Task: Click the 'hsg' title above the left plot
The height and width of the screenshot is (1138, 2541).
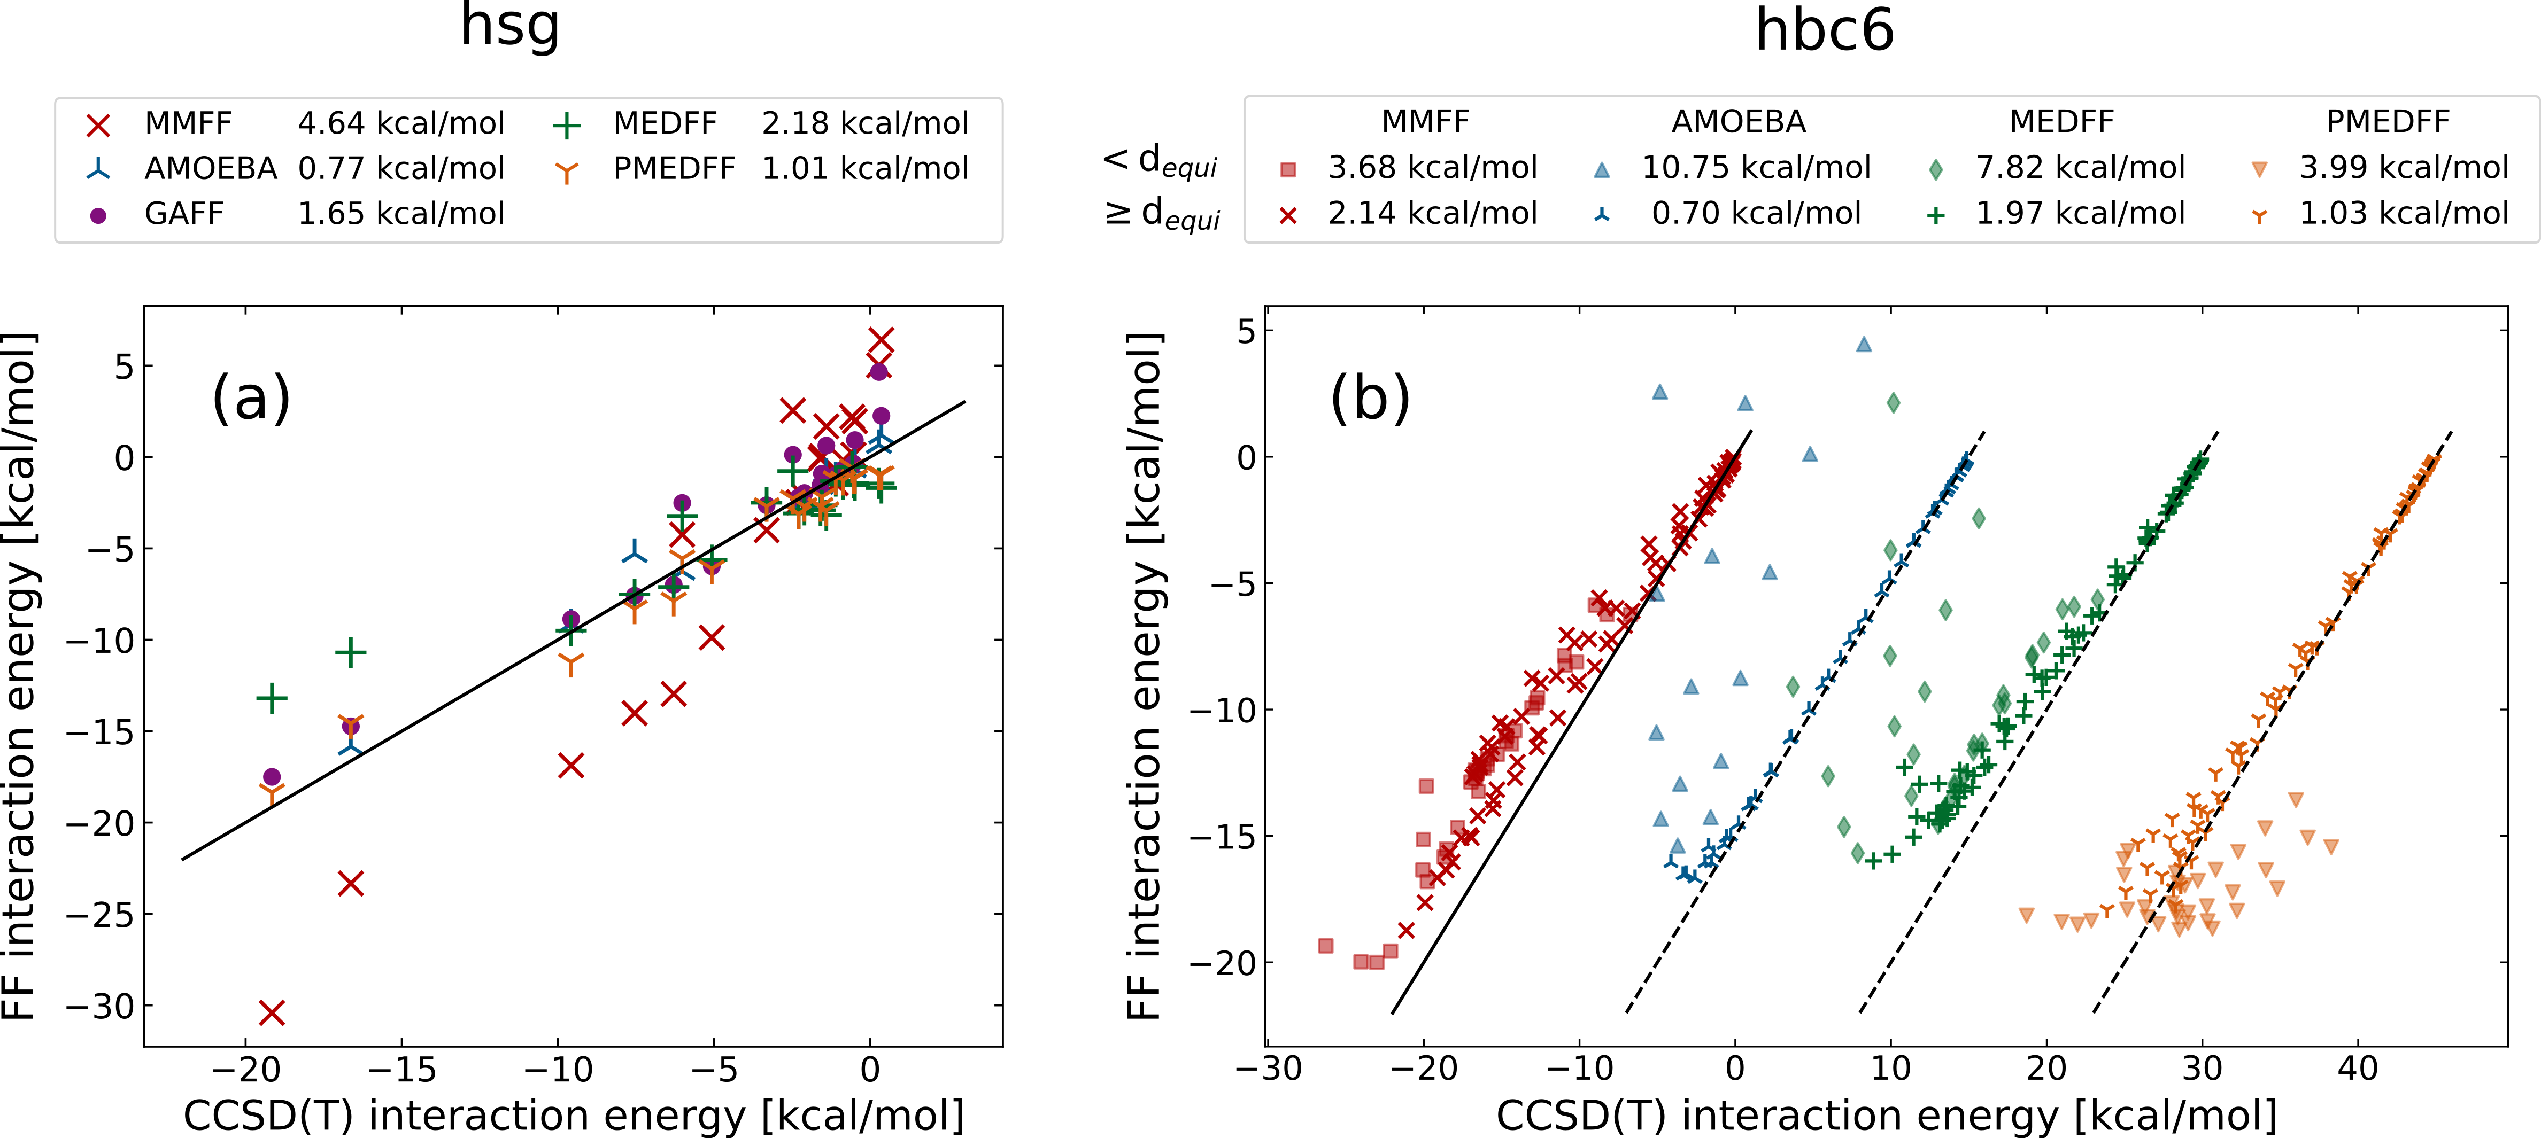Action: pyautogui.click(x=510, y=28)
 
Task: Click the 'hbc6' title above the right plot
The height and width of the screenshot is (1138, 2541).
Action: pyautogui.click(x=1824, y=32)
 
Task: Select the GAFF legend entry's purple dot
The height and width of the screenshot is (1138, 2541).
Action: pyautogui.click(x=98, y=215)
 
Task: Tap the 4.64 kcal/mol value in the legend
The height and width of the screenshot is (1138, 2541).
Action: pyautogui.click(x=400, y=123)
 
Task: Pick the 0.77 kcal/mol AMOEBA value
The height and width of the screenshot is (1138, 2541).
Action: pyautogui.click(x=400, y=169)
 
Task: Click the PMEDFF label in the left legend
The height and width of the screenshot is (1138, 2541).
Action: pyautogui.click(x=674, y=169)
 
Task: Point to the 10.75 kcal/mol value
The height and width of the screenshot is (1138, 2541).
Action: pyautogui.click(x=1756, y=168)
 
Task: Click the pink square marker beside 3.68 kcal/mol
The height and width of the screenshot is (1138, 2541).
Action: pyautogui.click(x=1287, y=169)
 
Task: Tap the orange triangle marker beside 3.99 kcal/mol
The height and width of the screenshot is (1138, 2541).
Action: pyautogui.click(x=2259, y=169)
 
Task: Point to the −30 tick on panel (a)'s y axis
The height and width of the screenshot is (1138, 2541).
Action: pyautogui.click(x=99, y=1007)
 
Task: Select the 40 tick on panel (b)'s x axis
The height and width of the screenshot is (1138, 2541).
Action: pyautogui.click(x=2358, y=1069)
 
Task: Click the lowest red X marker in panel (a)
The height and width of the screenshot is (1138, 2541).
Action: pyautogui.click(x=271, y=1013)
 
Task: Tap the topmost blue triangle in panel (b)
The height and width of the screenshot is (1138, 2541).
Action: pyautogui.click(x=1863, y=344)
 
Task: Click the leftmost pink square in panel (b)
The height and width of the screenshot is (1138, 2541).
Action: pyautogui.click(x=1326, y=946)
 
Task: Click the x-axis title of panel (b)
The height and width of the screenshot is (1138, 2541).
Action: pyautogui.click(x=1886, y=1116)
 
